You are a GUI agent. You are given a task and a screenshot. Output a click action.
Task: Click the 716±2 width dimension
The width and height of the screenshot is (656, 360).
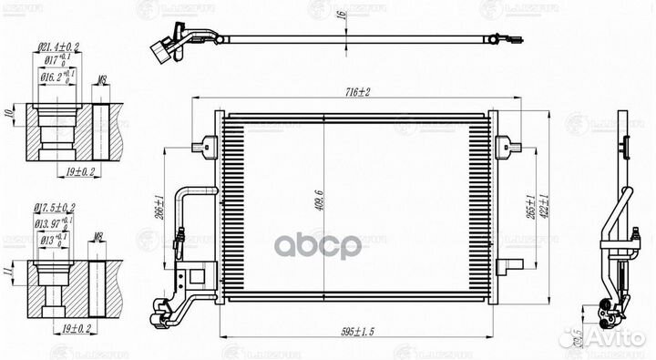pyautogui.click(x=355, y=93)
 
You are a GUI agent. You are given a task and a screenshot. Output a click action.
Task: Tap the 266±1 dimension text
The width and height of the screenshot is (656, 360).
pyautogui.click(x=159, y=210)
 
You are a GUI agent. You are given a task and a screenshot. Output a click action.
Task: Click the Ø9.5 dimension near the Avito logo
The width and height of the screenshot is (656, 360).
pyautogui.click(x=573, y=337)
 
